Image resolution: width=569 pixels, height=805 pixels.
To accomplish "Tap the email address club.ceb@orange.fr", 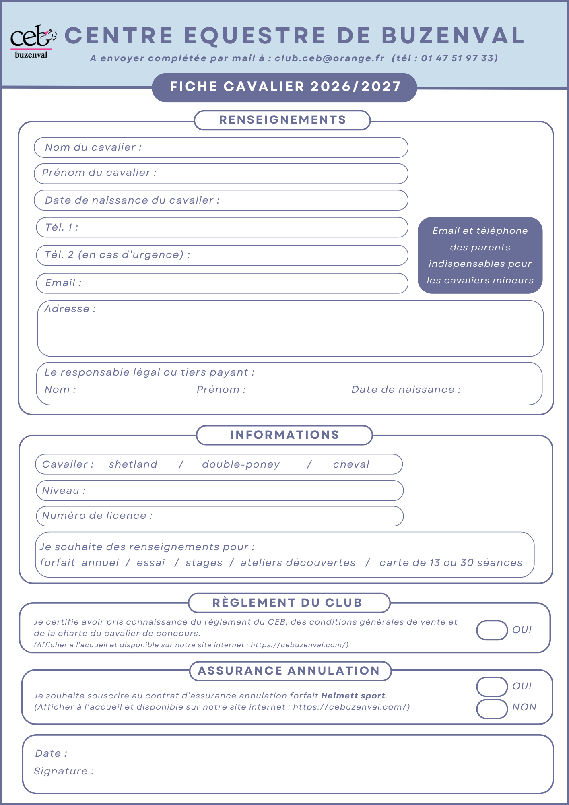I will coord(330,58).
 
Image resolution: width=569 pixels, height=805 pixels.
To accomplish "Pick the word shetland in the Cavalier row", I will coord(133,464).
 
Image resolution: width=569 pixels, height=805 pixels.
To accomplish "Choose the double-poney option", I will coord(241,464).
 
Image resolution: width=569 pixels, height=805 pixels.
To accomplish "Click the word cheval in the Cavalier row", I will coord(351,464).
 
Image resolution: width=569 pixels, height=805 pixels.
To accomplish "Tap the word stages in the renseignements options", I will coord(204,563).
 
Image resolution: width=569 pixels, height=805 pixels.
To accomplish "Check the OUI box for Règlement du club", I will coord(492,630).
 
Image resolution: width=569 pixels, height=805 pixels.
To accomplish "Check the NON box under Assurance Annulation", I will coord(492,709).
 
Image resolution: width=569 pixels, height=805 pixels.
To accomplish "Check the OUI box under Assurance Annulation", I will coord(492,687).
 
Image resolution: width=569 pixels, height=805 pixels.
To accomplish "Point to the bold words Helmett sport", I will coord(353,696).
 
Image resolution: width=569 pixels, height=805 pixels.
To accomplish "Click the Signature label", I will coord(64,771).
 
